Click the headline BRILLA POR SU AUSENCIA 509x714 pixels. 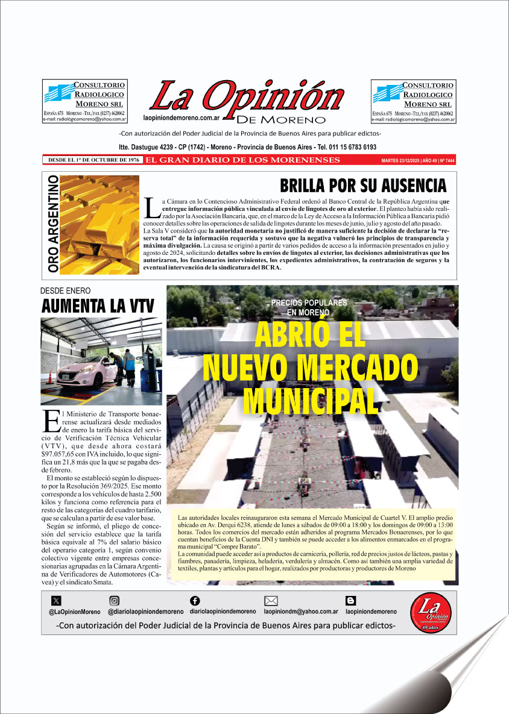(362, 185)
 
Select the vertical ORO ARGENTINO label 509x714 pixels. (53, 224)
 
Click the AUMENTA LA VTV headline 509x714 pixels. (97, 305)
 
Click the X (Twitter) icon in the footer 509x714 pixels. (56, 600)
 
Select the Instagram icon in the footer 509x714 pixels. (114, 600)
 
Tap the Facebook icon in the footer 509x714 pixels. (194, 600)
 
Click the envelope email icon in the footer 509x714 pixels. (271, 600)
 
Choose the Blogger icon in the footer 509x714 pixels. (350, 600)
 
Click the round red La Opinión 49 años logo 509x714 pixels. (431, 612)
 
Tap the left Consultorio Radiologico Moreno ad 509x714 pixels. (84, 101)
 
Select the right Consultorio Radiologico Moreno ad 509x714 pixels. (413, 101)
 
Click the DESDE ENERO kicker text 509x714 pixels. (65, 290)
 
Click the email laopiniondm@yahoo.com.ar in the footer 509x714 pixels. (300, 612)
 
